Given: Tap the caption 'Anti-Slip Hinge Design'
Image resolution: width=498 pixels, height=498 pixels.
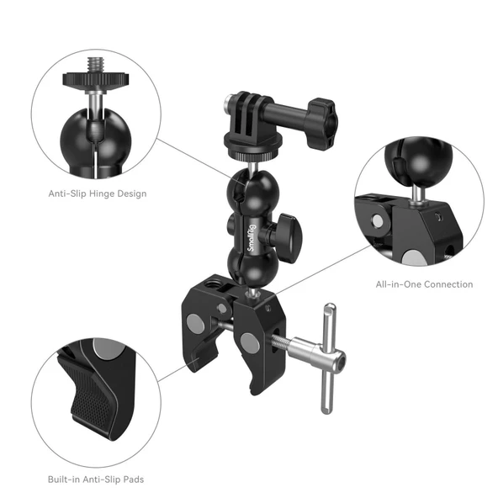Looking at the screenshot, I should [x=97, y=193].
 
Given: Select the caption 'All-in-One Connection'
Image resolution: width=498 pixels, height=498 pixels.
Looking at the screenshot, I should [x=424, y=284].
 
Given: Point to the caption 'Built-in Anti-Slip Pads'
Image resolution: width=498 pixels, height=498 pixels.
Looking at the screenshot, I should [x=97, y=479].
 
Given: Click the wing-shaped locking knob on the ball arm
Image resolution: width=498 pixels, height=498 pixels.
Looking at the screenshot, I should [x=289, y=227].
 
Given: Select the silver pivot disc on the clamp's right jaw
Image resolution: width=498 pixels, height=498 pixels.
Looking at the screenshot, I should [x=249, y=342].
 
